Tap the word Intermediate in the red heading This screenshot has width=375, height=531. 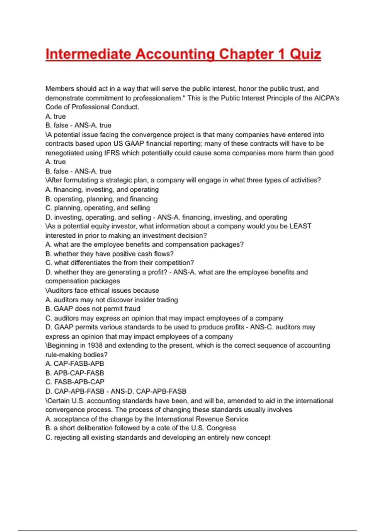[x=88, y=54]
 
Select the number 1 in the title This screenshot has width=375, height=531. [x=281, y=54]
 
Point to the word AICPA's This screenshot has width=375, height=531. [x=327, y=98]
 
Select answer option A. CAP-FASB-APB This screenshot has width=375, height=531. [x=75, y=364]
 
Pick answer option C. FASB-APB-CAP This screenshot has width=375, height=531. [x=75, y=382]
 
